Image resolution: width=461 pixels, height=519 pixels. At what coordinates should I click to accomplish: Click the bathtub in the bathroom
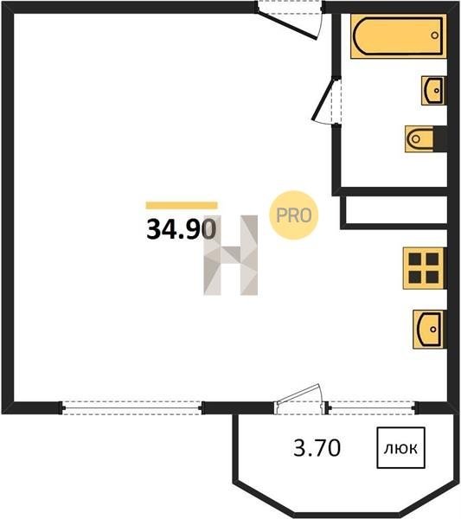click(398, 36)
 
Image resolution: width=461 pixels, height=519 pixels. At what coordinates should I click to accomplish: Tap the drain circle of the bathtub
click(434, 35)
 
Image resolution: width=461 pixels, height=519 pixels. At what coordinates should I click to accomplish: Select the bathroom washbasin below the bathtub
click(432, 90)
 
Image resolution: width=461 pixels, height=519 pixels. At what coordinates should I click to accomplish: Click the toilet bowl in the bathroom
click(419, 139)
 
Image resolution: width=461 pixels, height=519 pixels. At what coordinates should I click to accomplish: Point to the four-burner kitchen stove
click(424, 268)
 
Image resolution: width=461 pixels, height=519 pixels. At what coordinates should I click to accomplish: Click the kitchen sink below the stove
click(429, 330)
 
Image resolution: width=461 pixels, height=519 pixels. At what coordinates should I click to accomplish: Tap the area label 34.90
click(182, 228)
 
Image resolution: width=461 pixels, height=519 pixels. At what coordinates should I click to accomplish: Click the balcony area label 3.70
click(317, 448)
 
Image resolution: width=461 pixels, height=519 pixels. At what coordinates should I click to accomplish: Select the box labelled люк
click(400, 448)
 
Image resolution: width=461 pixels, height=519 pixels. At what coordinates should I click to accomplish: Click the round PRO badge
click(293, 215)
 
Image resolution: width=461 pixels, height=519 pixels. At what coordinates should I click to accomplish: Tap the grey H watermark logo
click(231, 255)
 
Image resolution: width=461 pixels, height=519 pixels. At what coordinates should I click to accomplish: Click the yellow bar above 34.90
click(182, 205)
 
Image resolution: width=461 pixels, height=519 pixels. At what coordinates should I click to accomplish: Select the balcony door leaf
click(298, 394)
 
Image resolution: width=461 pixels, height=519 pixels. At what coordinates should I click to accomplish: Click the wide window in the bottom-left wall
click(131, 407)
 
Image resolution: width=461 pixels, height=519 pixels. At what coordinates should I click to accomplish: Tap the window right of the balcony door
click(372, 407)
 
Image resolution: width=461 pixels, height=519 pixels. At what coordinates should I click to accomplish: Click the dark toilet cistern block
click(440, 139)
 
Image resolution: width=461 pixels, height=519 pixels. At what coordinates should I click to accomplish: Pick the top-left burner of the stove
click(415, 259)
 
